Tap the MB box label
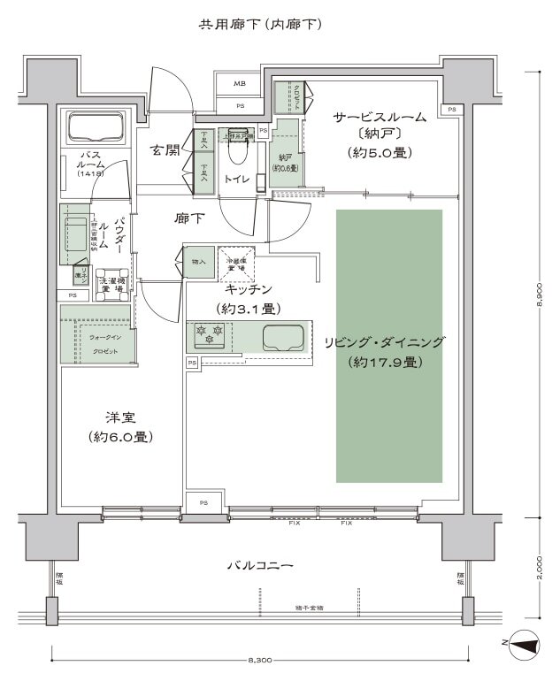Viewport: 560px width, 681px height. pos(240,84)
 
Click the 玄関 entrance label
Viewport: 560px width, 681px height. pos(165,149)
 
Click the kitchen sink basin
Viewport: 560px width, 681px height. pos(282,337)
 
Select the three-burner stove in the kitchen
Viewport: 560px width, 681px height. pos(208,335)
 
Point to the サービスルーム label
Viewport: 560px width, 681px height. pos(380,117)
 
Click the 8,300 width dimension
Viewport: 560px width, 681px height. pos(259,660)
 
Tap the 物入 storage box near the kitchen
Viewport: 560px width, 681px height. pos(198,262)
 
